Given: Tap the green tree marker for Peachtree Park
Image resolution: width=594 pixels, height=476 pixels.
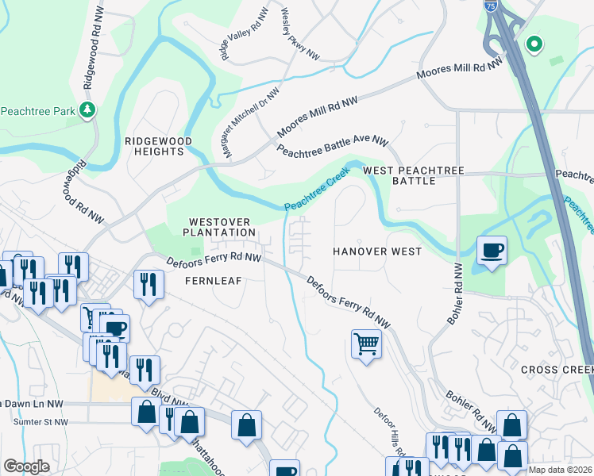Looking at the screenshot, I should click(x=88, y=110).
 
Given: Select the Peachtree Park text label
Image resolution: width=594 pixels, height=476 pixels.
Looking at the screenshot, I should click(x=37, y=111).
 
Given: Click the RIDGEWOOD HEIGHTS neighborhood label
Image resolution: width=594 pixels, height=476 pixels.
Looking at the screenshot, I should click(x=159, y=146).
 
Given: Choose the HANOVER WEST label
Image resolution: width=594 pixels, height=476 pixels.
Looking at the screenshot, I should click(x=376, y=251).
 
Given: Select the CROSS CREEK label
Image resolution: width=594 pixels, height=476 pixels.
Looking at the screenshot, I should click(x=557, y=370).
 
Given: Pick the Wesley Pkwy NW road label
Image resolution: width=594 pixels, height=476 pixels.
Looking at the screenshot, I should click(x=300, y=34).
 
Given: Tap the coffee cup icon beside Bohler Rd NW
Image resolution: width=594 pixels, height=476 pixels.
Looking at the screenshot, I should click(x=492, y=251).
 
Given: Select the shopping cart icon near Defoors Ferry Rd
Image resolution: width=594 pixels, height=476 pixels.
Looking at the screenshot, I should click(x=366, y=344).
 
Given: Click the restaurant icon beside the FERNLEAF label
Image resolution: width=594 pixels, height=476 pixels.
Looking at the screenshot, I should click(x=148, y=284).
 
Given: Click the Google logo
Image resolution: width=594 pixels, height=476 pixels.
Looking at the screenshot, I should click(x=26, y=466).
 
